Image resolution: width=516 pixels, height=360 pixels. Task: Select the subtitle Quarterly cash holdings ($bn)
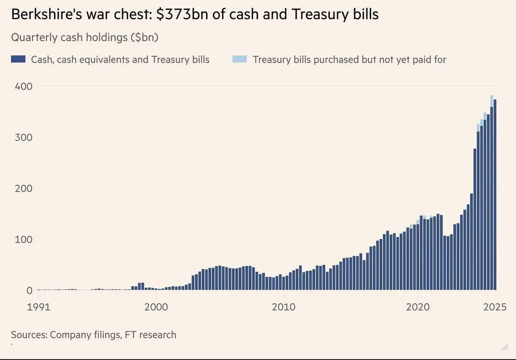coord(85,37)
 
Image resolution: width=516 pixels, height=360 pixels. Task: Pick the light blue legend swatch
coord(240,59)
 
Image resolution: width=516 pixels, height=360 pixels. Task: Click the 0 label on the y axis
coord(29,290)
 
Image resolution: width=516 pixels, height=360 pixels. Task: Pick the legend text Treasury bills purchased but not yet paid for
coord(349,59)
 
